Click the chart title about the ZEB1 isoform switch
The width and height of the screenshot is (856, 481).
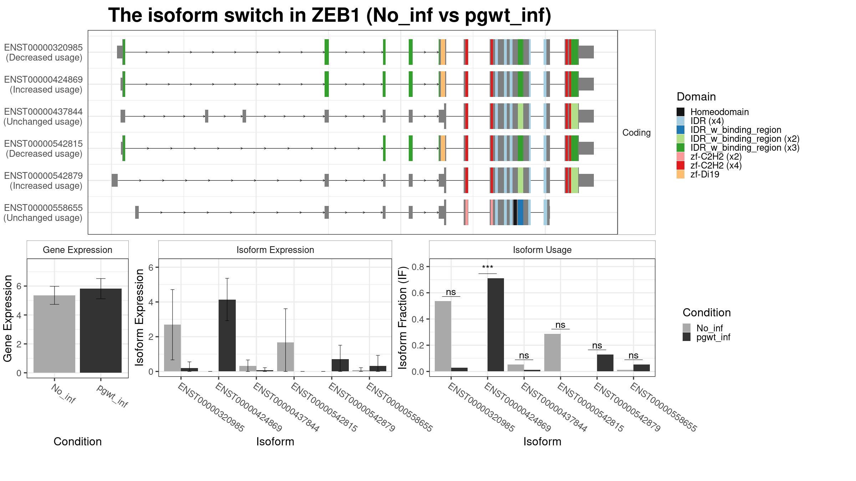[x=330, y=15]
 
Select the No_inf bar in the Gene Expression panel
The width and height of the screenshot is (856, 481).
[x=54, y=334]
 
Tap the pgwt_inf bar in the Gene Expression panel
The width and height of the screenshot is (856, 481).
[x=101, y=331]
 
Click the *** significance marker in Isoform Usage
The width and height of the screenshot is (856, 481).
[x=488, y=268]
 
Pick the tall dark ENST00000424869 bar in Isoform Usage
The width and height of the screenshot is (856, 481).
[x=496, y=325]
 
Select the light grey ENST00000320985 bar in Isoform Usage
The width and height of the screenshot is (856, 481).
[x=443, y=336]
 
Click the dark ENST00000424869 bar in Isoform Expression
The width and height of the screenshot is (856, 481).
[x=227, y=335]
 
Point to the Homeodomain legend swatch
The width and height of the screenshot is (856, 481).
[x=681, y=112]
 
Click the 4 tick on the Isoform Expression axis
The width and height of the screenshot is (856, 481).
[x=151, y=302]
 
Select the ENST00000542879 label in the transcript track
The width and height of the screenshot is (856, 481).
[x=43, y=176]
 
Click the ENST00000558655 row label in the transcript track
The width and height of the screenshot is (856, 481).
[x=43, y=208]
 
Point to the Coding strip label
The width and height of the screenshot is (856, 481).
[x=637, y=133]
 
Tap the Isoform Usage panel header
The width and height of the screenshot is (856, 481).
[x=542, y=250]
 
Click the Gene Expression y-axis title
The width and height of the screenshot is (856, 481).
[x=7, y=319]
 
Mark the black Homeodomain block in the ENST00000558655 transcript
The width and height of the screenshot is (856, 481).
[x=515, y=212]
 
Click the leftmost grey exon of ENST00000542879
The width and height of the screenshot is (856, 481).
[x=114, y=180]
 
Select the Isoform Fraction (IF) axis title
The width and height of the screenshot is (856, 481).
[x=403, y=317]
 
